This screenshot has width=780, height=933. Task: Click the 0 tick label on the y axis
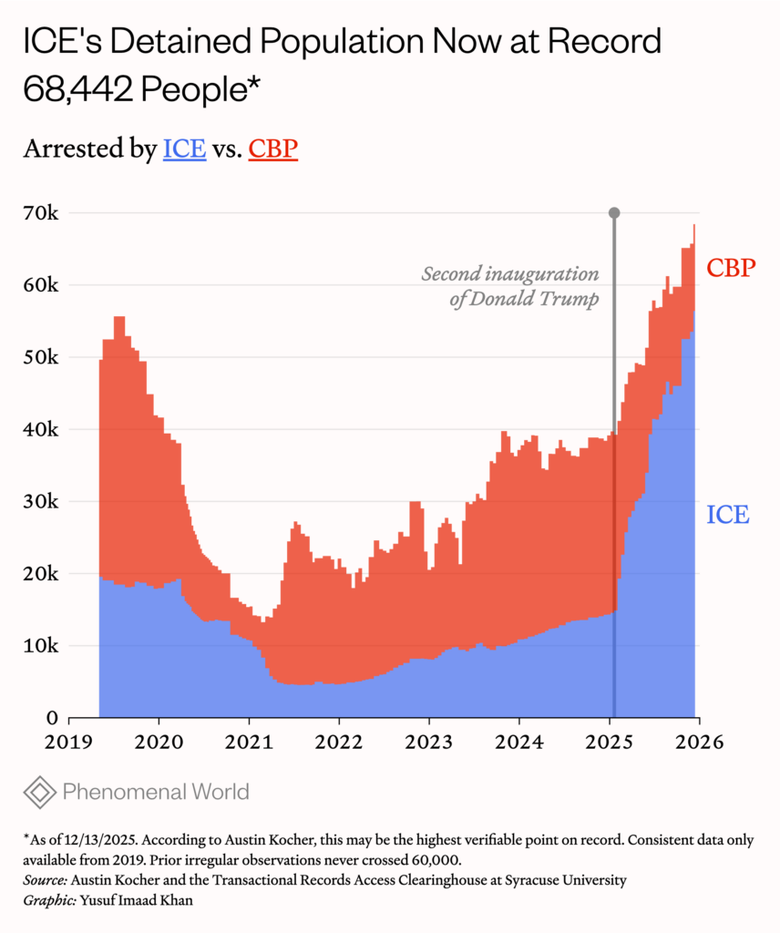[53, 718]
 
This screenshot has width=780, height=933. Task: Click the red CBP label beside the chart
[732, 269]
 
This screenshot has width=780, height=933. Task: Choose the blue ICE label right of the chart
[728, 515]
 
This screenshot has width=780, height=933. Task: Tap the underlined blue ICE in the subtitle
[184, 149]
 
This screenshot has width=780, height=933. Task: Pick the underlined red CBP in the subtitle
[273, 149]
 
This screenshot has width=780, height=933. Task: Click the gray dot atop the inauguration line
[614, 213]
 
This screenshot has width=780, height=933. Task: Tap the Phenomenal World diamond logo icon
[39, 792]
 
